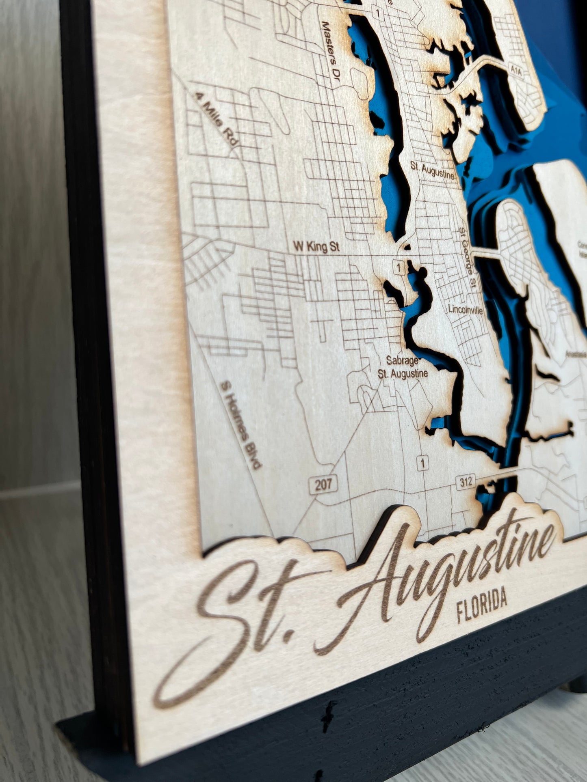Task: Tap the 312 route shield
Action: pyautogui.click(x=466, y=482)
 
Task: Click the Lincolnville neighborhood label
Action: pyautogui.click(x=466, y=310)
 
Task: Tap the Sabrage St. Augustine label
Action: pyautogui.click(x=403, y=367)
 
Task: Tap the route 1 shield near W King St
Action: pyautogui.click(x=400, y=268)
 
